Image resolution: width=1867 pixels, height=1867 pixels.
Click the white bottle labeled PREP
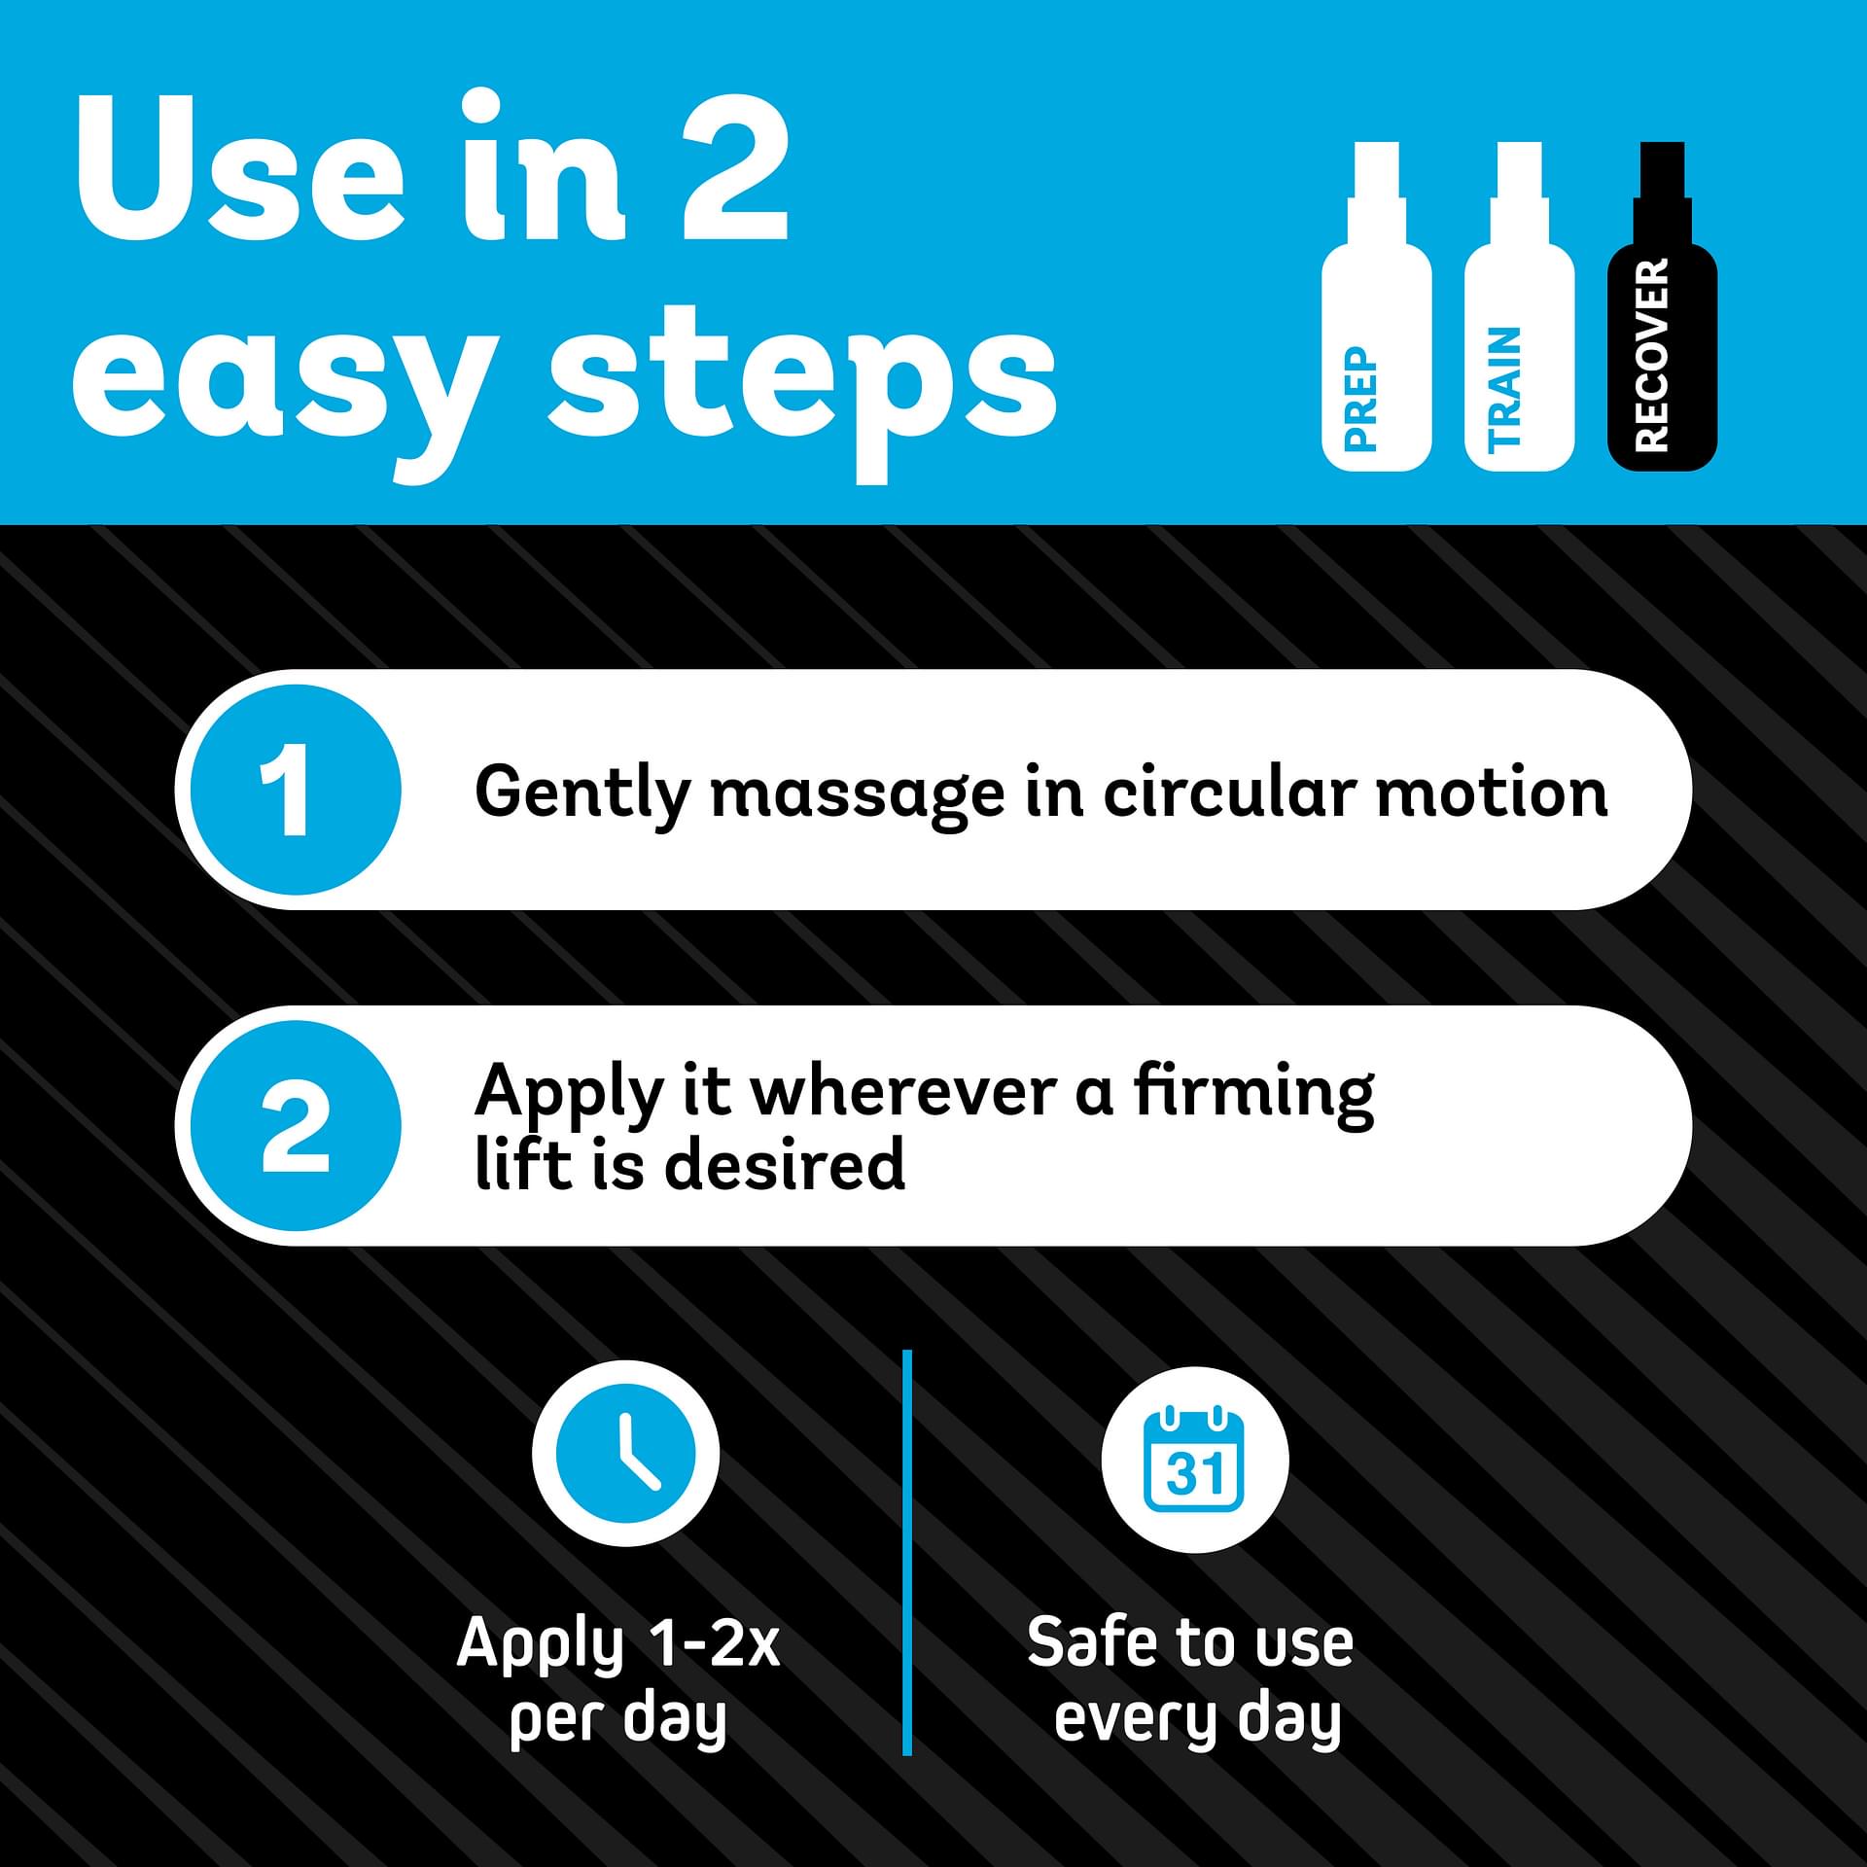[1376, 321]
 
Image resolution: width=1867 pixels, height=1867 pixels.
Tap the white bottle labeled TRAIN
[1518, 321]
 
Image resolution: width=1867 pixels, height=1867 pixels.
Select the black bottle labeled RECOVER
[1661, 321]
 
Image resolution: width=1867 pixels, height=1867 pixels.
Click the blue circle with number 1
[296, 790]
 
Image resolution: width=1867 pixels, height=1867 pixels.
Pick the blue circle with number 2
[296, 1126]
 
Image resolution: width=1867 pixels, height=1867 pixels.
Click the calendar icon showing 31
[1194, 1459]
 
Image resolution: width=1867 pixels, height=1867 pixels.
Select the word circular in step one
[1228, 793]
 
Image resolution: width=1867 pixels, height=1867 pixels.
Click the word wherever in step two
[903, 1093]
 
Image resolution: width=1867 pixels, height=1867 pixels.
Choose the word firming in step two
[1253, 1097]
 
